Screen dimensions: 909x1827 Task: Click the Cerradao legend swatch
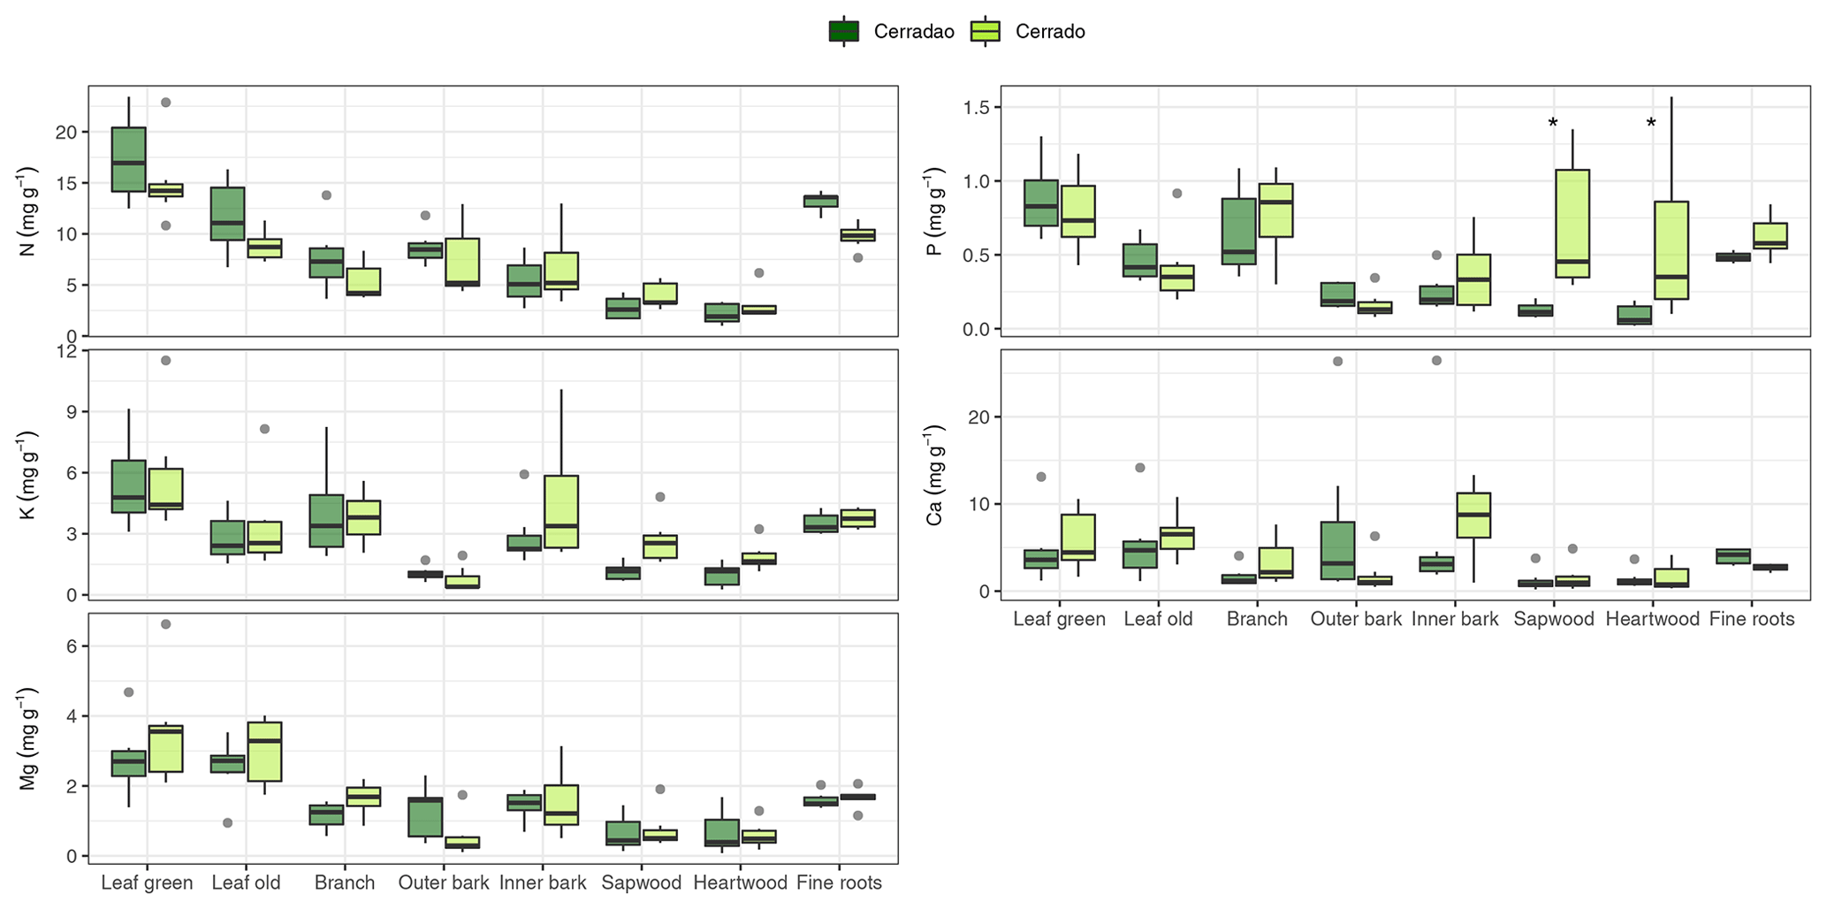[x=844, y=32]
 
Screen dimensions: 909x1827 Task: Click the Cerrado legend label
[x=1050, y=32]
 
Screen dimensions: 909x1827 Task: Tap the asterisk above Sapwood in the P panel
[x=1553, y=124]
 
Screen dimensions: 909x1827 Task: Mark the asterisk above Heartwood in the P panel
[x=1651, y=124]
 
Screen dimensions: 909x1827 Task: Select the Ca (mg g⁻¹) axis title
[x=934, y=475]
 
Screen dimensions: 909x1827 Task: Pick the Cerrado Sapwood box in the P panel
[x=1572, y=224]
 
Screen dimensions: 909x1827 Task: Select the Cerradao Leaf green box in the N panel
[x=129, y=159]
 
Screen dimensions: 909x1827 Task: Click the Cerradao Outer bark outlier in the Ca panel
[x=1338, y=361]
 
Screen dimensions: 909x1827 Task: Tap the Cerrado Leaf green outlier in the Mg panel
[x=165, y=624]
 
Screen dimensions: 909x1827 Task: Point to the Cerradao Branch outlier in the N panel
[x=326, y=195]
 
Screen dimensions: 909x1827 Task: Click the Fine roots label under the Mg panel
[x=839, y=882]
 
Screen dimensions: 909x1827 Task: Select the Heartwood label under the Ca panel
[x=1652, y=619]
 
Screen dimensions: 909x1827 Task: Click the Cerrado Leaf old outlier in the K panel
[x=264, y=429]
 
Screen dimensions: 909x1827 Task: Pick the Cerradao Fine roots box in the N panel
[x=821, y=201]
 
